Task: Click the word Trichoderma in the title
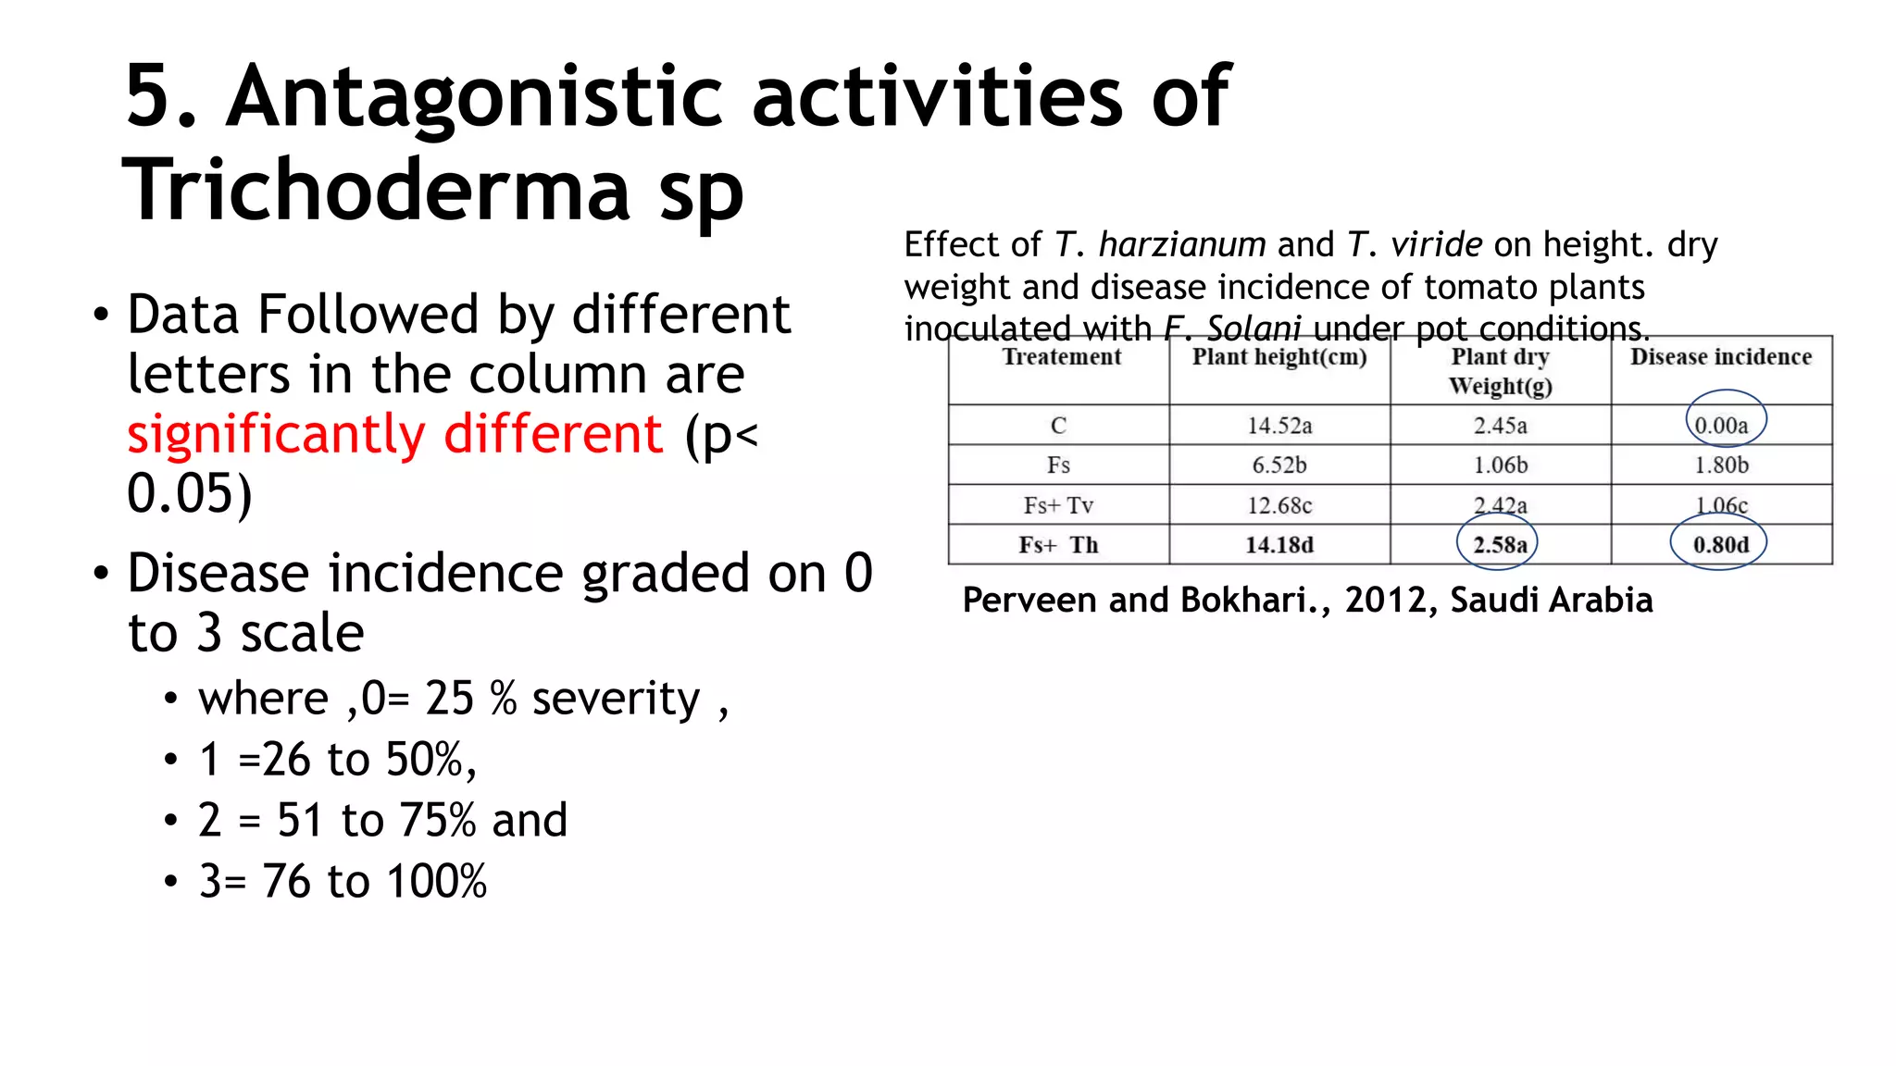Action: click(x=375, y=190)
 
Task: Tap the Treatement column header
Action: click(x=1061, y=357)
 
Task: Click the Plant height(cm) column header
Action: click(x=1279, y=357)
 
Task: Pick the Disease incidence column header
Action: click(x=1720, y=357)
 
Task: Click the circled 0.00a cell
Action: click(x=1722, y=426)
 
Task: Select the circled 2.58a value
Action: click(x=1500, y=545)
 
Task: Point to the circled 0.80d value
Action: click(x=1721, y=545)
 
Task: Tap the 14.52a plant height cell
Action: click(x=1279, y=426)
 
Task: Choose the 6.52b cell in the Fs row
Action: click(x=1279, y=465)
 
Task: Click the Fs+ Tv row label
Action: click(x=1058, y=505)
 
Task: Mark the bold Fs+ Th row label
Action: click(x=1058, y=545)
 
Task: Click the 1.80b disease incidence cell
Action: click(x=1721, y=465)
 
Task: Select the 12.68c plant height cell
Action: click(x=1279, y=505)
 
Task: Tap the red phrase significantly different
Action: click(x=395, y=434)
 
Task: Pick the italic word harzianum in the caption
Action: click(x=1182, y=245)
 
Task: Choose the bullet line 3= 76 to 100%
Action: click(x=343, y=881)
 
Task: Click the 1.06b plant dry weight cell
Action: click(x=1500, y=465)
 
